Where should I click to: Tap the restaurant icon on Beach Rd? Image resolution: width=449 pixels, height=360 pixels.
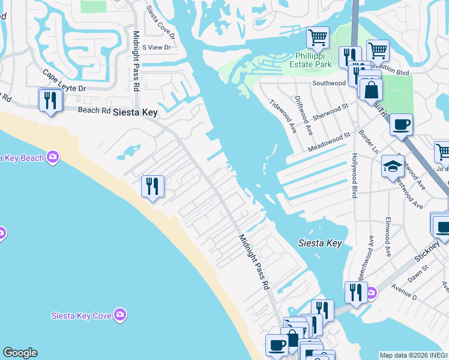tap(50, 100)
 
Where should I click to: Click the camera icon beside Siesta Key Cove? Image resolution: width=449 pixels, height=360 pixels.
tap(121, 314)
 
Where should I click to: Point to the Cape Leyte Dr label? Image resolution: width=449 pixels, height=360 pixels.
tap(64, 80)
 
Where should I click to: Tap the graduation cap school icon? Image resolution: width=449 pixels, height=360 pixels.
tap(392, 166)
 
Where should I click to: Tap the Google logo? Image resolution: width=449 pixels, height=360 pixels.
tap(20, 353)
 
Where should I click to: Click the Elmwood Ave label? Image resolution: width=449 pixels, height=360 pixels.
tap(388, 237)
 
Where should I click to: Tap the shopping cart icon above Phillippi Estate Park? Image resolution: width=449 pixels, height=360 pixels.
tap(318, 37)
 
